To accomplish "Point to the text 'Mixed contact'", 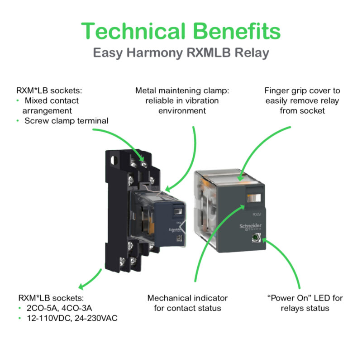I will coord(52,100).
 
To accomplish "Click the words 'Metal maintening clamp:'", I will coord(182,90).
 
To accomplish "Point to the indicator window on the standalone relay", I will coord(253,198).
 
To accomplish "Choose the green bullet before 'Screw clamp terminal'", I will coord(18,120).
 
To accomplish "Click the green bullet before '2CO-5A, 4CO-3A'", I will coord(18,308).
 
